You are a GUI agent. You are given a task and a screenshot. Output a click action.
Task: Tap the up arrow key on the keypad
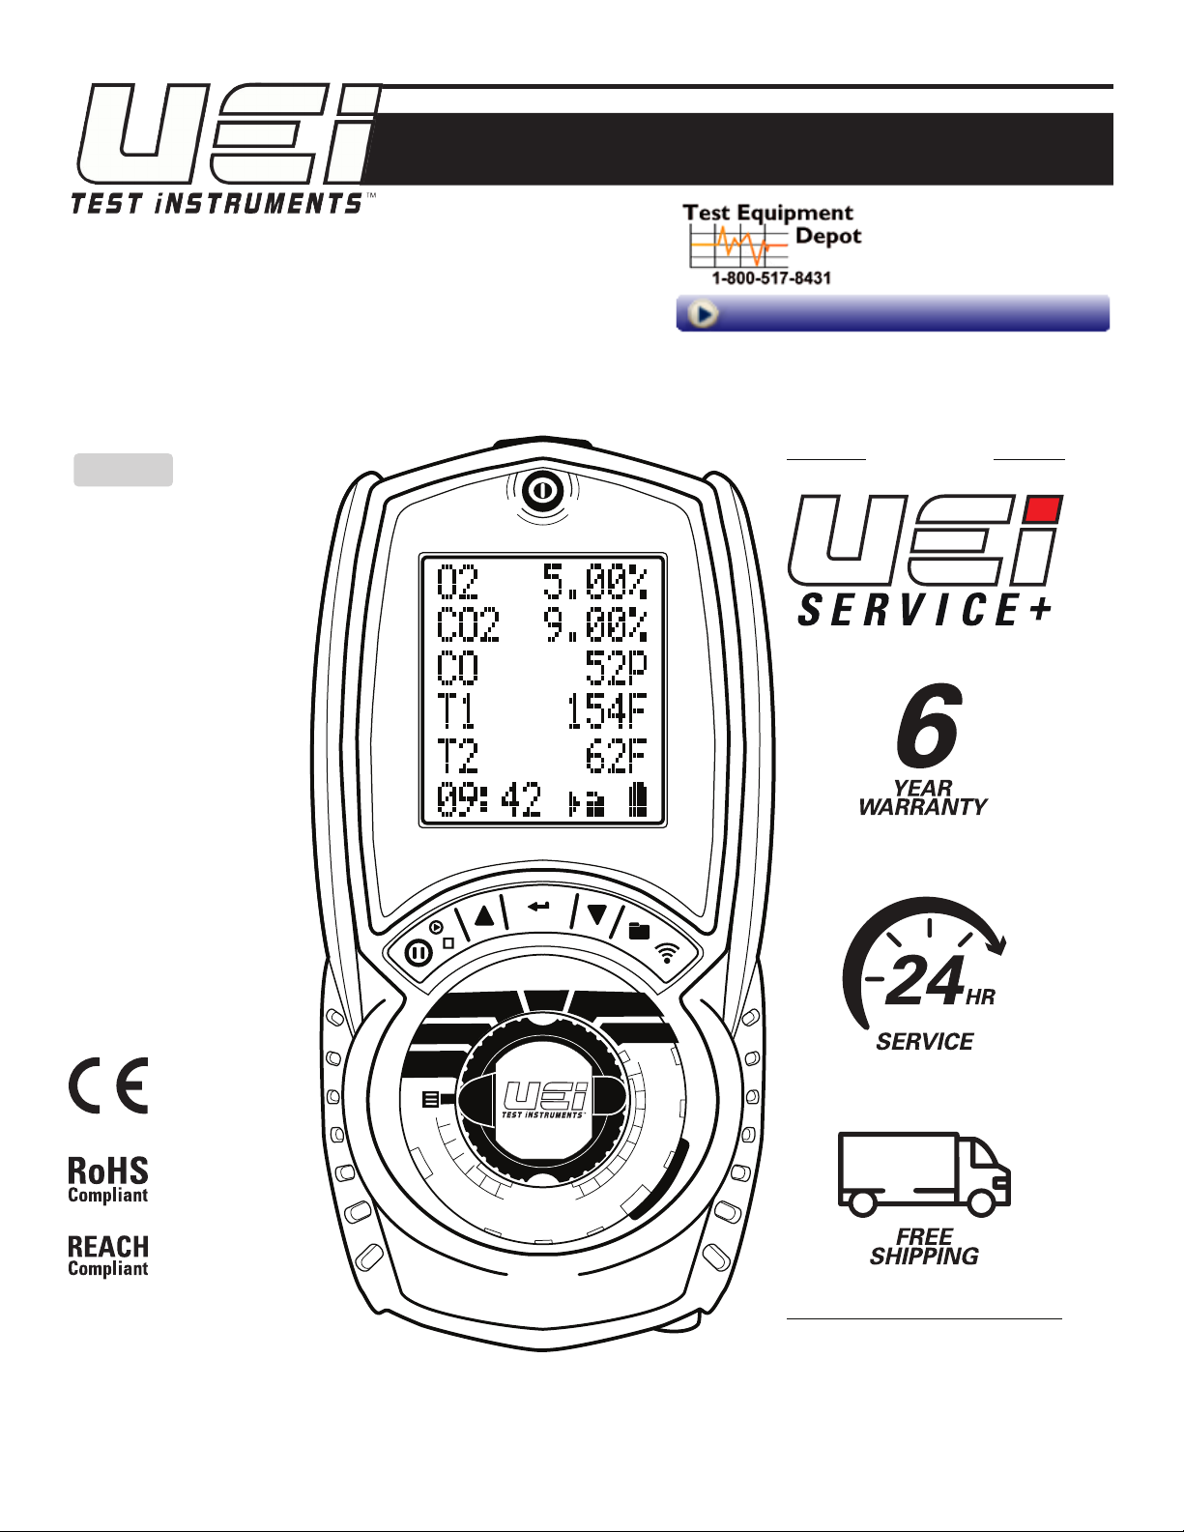coord(484,914)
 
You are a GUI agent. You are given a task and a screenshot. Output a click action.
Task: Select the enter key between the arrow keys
coord(539,907)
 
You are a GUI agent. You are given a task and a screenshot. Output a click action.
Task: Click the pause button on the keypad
coord(419,953)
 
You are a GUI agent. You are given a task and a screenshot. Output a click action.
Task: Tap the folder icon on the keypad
coord(639,931)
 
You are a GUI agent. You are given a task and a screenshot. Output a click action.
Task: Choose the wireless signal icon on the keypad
coord(667,952)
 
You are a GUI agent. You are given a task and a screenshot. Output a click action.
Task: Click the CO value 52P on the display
coord(616,668)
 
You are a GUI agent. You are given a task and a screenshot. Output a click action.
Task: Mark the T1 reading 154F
coord(606,711)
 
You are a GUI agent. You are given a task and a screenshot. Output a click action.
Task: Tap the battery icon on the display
coord(637,801)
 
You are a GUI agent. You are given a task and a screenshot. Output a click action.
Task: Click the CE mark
coord(108,1085)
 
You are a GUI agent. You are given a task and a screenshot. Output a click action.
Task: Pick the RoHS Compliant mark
coord(108,1179)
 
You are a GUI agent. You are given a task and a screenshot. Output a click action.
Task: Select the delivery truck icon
coord(923,1173)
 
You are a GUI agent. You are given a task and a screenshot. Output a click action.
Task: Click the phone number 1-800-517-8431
coord(771,277)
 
